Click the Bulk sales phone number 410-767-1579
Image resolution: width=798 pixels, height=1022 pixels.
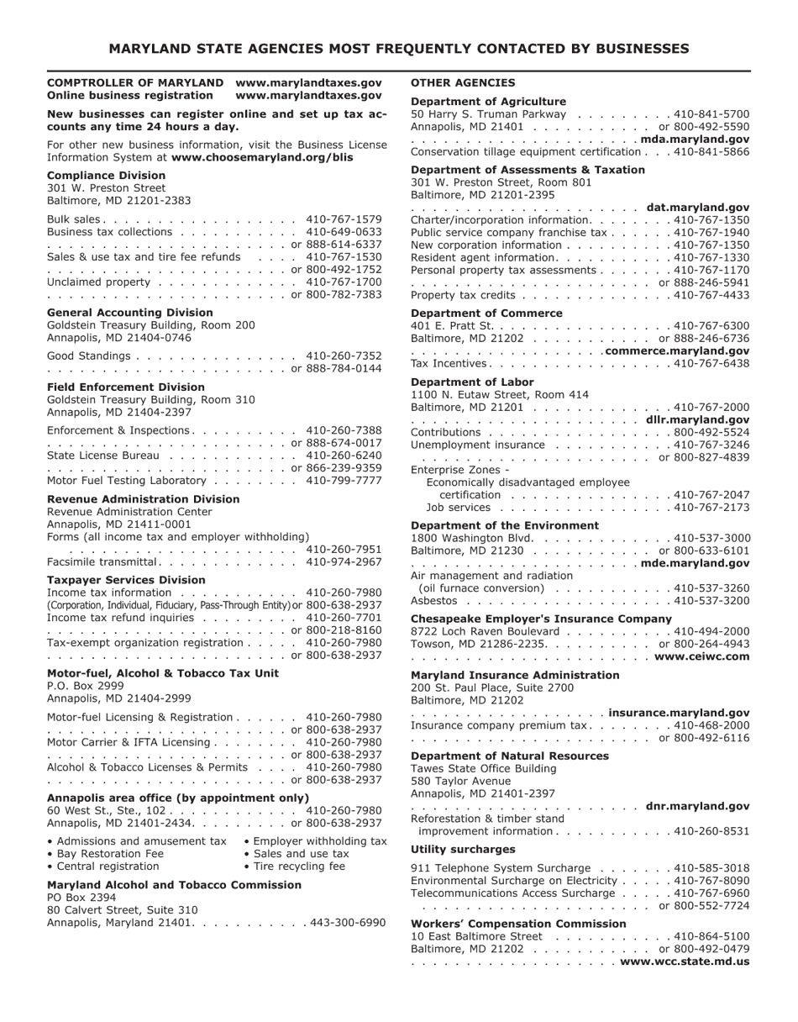tap(344, 219)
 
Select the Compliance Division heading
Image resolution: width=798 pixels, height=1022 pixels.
tap(106, 176)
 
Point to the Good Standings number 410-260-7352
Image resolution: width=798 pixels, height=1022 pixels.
tap(344, 356)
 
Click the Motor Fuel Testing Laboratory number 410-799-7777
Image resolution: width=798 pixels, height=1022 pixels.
tap(344, 481)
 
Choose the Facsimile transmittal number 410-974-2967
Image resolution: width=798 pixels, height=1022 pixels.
tap(344, 561)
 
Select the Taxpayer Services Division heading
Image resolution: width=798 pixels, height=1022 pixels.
tap(126, 580)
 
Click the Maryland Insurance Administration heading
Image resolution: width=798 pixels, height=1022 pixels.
tap(515, 675)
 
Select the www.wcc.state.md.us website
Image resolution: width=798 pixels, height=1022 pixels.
tap(685, 961)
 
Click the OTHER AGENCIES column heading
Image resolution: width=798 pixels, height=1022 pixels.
tap(463, 83)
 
